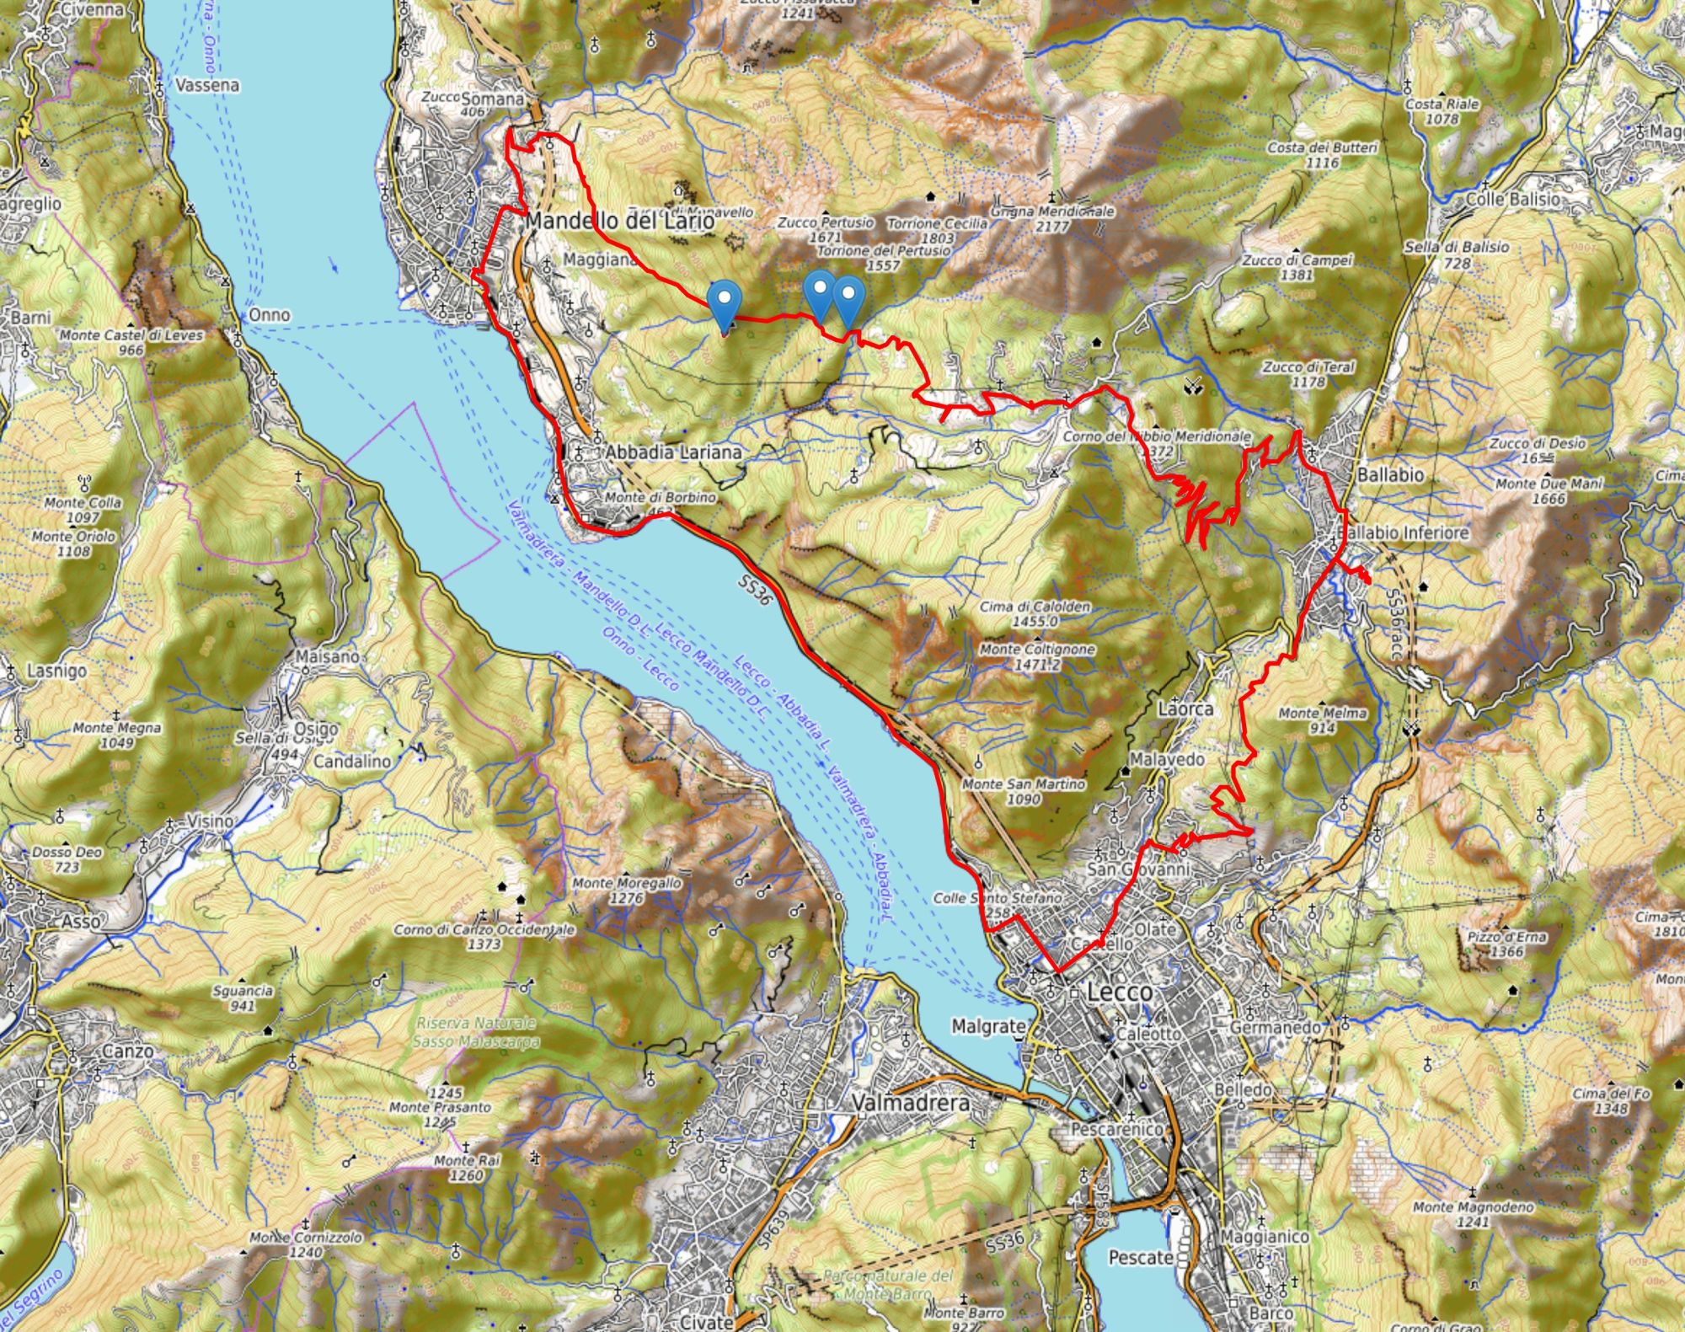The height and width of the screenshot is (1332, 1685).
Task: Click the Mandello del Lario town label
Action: point(619,222)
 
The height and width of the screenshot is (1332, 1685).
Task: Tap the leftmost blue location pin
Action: point(724,303)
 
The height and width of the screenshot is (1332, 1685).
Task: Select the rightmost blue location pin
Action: point(848,299)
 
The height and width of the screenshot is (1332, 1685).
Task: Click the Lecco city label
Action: point(1119,992)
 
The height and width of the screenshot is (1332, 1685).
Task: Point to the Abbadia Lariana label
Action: point(674,452)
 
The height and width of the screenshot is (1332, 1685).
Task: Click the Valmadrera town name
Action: point(910,1103)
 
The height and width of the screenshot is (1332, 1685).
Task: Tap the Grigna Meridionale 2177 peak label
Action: point(1052,218)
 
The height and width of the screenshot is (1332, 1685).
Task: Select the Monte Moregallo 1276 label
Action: point(627,890)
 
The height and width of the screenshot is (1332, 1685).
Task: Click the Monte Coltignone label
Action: point(1037,656)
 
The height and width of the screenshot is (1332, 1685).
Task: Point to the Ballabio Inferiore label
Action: point(1403,532)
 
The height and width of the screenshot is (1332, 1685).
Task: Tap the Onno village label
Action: point(269,314)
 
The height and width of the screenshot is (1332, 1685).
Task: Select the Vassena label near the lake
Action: point(207,85)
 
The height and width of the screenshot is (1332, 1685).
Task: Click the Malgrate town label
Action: point(988,1026)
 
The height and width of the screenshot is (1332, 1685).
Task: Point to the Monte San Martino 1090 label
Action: point(1024,790)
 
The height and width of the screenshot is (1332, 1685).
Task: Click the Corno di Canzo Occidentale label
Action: point(484,936)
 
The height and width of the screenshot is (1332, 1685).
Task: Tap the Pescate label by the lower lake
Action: point(1141,1257)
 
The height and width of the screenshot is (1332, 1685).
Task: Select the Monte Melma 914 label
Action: point(1322,719)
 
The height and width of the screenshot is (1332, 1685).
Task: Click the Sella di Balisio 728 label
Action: point(1457,254)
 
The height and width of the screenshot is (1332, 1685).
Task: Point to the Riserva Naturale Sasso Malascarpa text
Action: point(476,1032)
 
